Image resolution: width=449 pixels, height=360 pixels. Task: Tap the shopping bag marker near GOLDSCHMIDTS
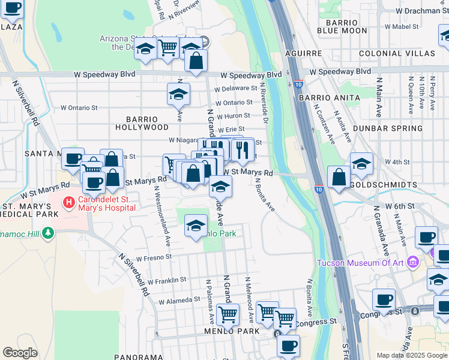point(339,177)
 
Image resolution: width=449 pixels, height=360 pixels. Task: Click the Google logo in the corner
point(20,353)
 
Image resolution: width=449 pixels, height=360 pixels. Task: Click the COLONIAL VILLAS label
point(397,53)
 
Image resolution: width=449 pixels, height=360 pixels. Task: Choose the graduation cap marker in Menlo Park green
point(196,226)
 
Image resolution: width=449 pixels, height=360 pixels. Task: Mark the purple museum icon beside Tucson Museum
point(412,262)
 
